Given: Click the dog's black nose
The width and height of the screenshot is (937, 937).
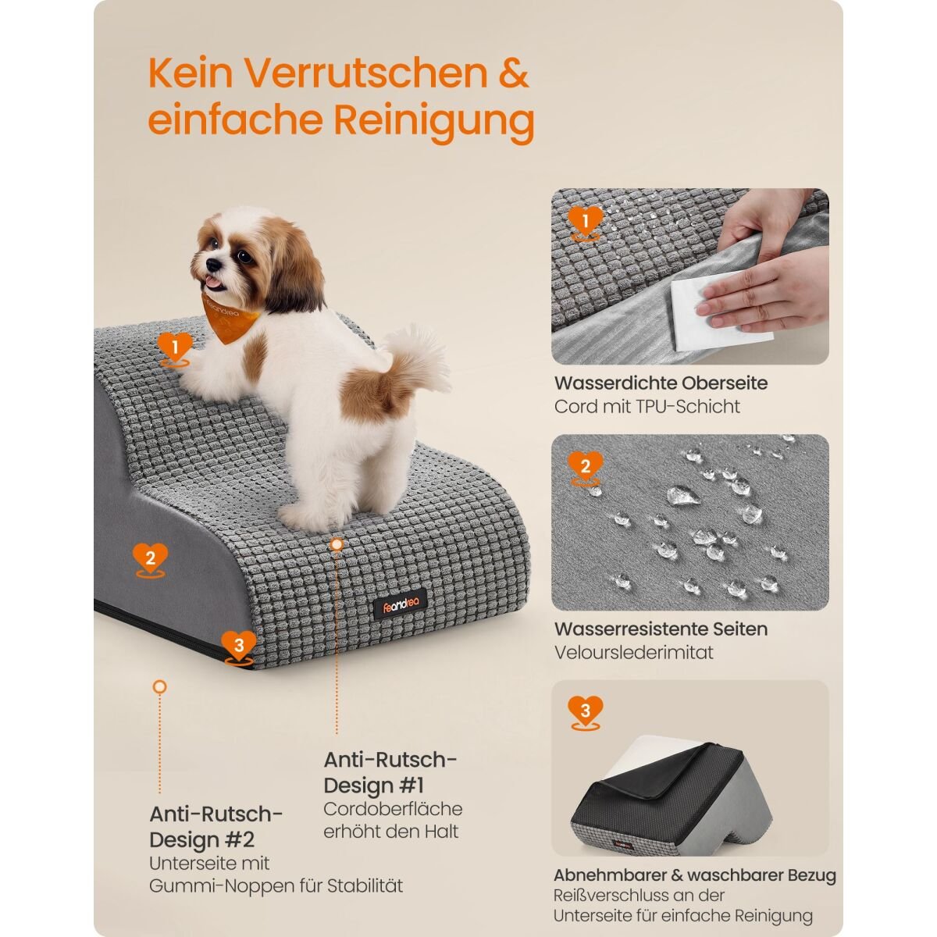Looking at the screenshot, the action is tap(213, 265).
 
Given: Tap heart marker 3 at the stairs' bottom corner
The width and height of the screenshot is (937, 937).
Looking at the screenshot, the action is tap(238, 647).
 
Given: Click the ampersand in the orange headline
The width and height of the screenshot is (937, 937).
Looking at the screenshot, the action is tap(514, 73).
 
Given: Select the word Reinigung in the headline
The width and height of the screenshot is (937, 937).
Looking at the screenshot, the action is tap(433, 122).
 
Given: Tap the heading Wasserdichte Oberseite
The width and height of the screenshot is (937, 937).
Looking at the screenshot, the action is tap(661, 383).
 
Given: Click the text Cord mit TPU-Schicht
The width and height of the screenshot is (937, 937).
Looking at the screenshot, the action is tap(647, 407).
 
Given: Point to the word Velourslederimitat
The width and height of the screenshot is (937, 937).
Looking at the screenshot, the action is tap(633, 652).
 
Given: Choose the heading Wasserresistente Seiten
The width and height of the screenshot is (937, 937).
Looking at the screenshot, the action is tap(661, 629).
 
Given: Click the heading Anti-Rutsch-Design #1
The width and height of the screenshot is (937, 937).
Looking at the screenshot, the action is tap(390, 773).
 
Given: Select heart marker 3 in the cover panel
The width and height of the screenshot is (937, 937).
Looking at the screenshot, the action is tap(586, 711).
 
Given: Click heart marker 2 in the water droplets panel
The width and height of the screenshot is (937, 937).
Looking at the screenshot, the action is tap(586, 467).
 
